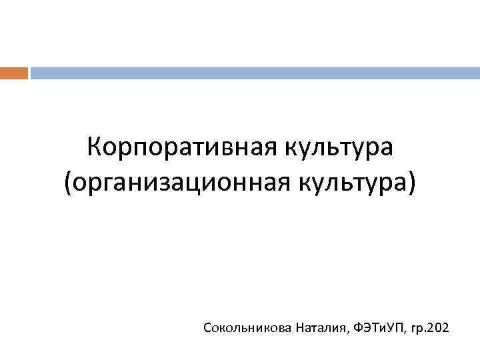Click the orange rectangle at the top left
[x=14, y=73]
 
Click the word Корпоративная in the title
[x=175, y=145]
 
